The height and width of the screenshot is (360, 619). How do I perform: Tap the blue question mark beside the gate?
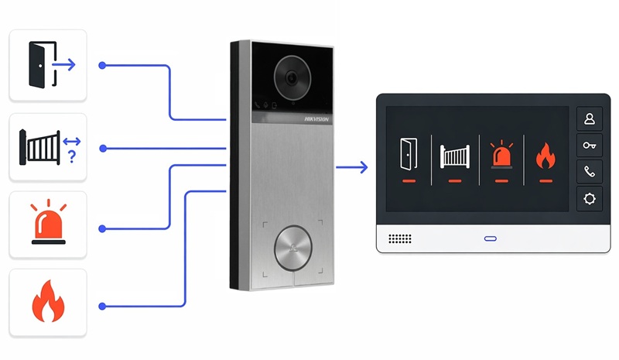tap(72, 157)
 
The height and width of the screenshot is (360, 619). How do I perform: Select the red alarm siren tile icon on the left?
tap(48, 221)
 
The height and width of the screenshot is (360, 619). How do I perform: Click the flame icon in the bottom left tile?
tap(48, 300)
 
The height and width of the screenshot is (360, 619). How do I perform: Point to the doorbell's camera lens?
tap(292, 78)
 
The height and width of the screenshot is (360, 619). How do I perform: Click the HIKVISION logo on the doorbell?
tap(316, 119)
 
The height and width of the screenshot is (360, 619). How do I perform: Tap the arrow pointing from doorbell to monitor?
tap(352, 167)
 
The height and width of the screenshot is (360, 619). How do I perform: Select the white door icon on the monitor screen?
tap(409, 154)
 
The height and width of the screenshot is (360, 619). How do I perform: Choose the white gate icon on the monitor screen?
tap(455, 156)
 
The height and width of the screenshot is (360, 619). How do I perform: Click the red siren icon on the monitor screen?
tap(501, 155)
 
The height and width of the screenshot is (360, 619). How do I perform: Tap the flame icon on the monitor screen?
tap(545, 156)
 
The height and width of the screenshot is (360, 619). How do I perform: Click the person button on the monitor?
tap(590, 118)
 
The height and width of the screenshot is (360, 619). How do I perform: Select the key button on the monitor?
tap(590, 146)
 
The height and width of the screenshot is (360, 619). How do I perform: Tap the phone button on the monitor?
tap(590, 172)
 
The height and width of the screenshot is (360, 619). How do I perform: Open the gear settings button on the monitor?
tap(590, 198)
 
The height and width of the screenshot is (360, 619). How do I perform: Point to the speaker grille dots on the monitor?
tap(400, 238)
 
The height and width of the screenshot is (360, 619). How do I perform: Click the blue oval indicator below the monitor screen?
tap(491, 238)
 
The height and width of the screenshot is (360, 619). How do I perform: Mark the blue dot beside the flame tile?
tap(102, 307)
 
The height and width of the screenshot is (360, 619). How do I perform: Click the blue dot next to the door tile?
tap(102, 65)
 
